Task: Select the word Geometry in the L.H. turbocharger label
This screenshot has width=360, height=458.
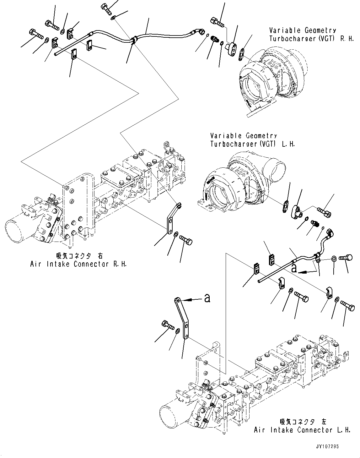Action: pos(261,136)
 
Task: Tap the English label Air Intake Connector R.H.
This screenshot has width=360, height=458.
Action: pos(78,264)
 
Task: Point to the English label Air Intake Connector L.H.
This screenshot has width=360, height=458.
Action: pos(302,430)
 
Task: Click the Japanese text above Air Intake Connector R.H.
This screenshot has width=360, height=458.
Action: pos(79,256)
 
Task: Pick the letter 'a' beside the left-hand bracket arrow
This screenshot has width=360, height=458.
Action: pos(207,297)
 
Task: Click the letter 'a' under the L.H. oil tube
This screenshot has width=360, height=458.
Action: pos(294,268)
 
